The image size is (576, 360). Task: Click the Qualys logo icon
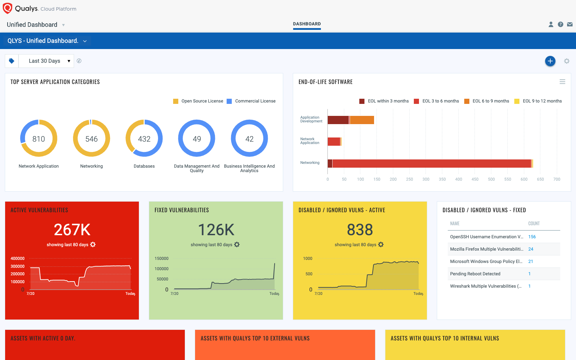point(7,8)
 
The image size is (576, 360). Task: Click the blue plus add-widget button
point(550,61)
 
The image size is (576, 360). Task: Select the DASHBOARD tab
point(307,24)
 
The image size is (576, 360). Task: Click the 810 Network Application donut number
point(39,139)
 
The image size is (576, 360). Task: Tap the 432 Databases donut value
point(144,139)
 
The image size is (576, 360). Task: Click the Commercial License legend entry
point(255,101)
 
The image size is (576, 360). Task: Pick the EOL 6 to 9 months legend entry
point(490,101)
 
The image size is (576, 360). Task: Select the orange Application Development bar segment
point(362,120)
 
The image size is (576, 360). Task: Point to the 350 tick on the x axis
point(442,179)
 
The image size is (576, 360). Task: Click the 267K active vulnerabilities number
point(72,230)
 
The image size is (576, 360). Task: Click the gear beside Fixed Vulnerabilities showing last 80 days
point(237,244)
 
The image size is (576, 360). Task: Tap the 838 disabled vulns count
point(360,230)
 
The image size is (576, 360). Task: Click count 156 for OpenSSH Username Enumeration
point(532,237)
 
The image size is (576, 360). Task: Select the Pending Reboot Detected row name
point(475,274)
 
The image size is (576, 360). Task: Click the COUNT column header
point(533,224)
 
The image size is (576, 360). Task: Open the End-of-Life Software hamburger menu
point(562,82)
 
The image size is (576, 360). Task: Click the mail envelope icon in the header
point(569,24)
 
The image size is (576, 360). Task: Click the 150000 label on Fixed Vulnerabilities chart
point(161,259)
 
